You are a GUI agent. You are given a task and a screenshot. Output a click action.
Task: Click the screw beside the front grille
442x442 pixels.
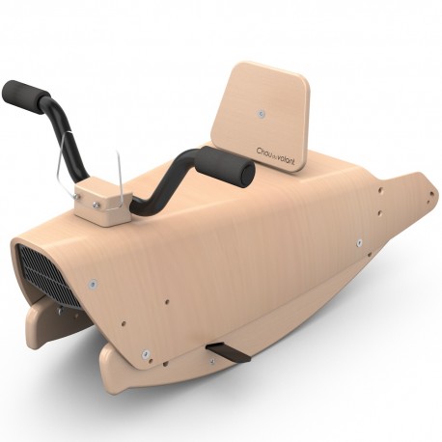pyautogui.click(x=93, y=284)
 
